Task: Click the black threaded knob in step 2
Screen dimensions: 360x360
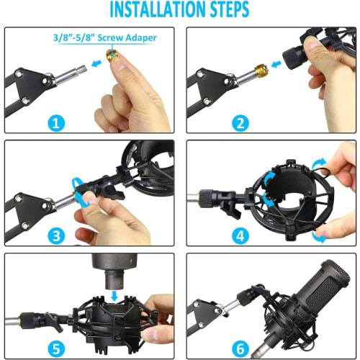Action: [x=294, y=55]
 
